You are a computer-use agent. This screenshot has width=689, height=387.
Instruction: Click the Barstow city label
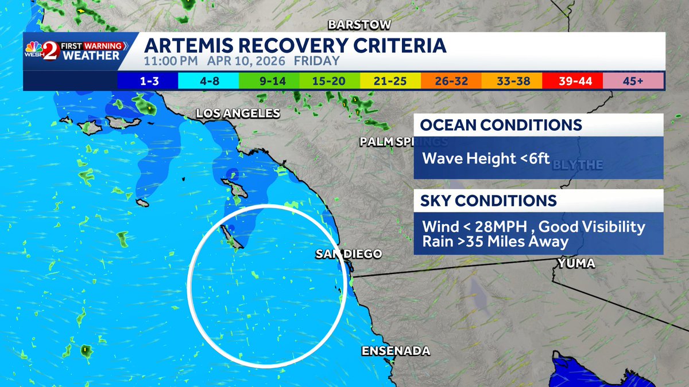point(359,25)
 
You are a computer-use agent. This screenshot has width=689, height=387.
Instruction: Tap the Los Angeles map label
point(238,114)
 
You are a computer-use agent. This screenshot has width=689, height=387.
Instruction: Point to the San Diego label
point(348,254)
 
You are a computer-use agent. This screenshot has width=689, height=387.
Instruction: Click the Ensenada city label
point(396,351)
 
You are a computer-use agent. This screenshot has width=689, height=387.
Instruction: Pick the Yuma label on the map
point(575,264)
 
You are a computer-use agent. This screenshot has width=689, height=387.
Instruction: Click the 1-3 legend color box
point(148,81)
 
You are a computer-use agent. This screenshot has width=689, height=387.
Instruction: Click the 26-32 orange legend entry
point(451,81)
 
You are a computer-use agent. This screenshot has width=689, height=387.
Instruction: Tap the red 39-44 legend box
point(572,81)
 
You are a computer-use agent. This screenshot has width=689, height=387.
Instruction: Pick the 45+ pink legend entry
point(633,81)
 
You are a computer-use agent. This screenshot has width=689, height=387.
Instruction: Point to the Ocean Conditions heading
point(501,125)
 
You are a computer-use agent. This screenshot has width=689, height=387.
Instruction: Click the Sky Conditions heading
point(489,201)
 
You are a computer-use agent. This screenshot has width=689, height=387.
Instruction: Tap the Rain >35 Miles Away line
point(495,242)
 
